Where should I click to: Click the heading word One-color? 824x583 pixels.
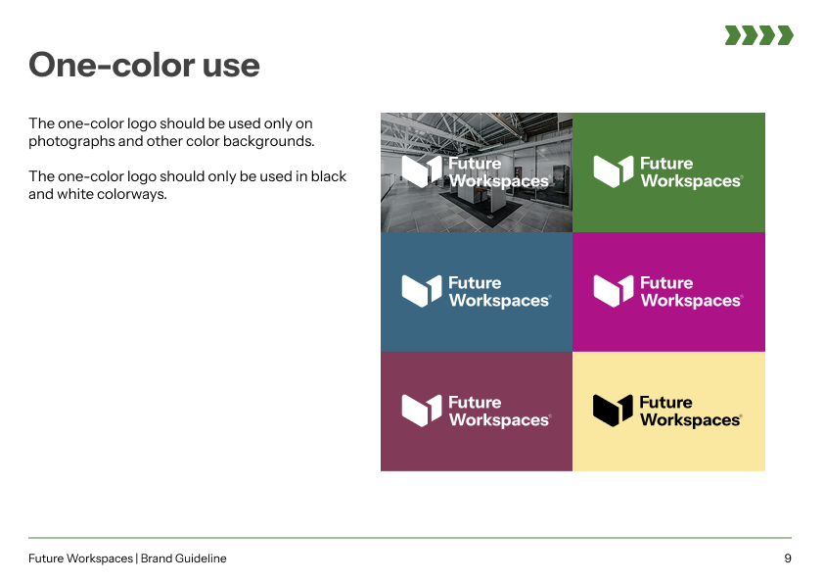click(112, 65)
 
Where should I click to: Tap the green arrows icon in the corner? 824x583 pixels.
click(758, 35)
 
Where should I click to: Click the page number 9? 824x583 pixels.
click(787, 559)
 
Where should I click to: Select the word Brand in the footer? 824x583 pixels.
click(156, 559)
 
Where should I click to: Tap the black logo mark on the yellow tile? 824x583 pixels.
click(613, 411)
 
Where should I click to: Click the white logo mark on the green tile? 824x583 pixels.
click(614, 171)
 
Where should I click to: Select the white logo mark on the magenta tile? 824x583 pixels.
click(614, 291)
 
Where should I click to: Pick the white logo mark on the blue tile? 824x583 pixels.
click(422, 291)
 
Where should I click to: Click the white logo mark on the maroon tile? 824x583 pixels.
click(422, 411)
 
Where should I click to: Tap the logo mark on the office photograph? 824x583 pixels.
click(422, 171)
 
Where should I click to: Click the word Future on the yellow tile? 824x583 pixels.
click(665, 402)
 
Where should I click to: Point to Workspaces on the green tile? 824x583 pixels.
click(691, 181)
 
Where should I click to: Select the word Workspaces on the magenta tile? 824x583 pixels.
click(691, 301)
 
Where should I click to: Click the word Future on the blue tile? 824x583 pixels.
click(475, 282)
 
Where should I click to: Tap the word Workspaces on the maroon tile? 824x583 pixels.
click(499, 420)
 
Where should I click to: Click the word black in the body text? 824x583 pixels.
click(329, 176)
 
